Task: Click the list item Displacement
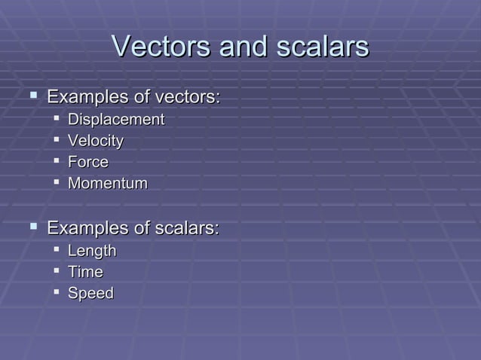tap(116, 120)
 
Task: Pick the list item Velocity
tap(96, 141)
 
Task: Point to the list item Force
tap(88, 162)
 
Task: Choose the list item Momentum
tap(108, 183)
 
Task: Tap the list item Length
tap(92, 251)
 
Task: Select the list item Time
tap(85, 272)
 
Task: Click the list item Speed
tap(90, 293)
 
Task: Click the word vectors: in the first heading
tap(187, 97)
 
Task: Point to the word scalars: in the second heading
tap(186, 228)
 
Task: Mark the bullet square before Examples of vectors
tap(32, 96)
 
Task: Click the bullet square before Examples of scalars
tap(32, 227)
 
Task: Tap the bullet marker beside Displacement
tap(56, 119)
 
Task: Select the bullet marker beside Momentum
tap(56, 182)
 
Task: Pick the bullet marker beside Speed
tap(56, 292)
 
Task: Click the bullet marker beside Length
tap(56, 250)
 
